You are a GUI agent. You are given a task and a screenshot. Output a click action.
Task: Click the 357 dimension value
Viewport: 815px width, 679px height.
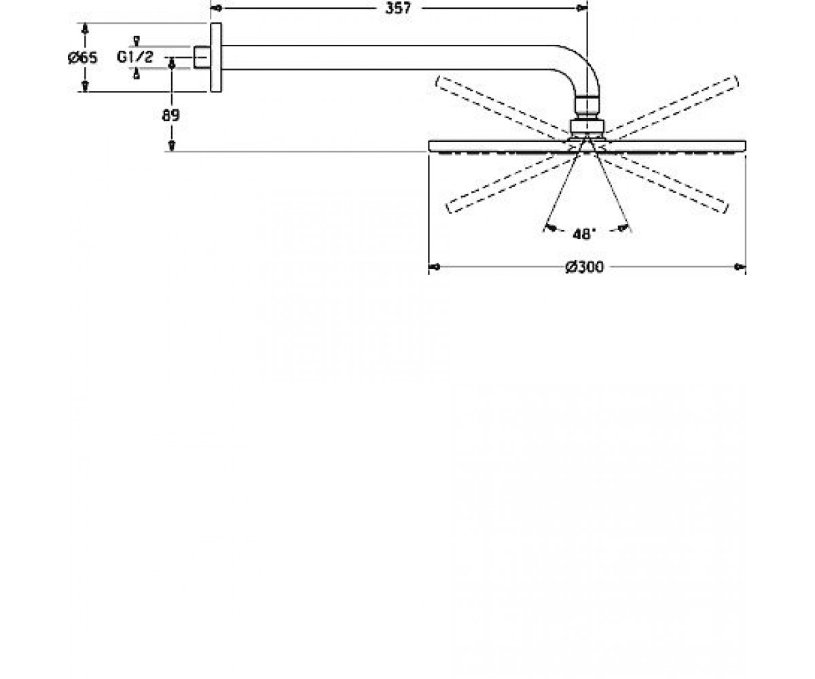[x=398, y=8]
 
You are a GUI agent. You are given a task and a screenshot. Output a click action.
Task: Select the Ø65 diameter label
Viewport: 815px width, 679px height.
[x=82, y=58]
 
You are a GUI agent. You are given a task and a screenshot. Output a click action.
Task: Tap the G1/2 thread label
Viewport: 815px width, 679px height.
[x=135, y=57]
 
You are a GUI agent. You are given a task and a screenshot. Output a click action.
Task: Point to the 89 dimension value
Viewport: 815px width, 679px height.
[x=170, y=115]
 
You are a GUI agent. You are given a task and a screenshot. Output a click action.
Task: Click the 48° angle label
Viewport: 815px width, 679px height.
[x=584, y=234]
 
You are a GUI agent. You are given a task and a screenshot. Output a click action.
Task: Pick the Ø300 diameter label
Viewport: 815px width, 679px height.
[x=584, y=268]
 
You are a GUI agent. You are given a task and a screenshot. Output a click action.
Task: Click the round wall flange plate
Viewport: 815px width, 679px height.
[x=216, y=58]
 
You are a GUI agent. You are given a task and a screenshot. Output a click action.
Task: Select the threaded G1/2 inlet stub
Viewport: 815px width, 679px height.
[x=202, y=58]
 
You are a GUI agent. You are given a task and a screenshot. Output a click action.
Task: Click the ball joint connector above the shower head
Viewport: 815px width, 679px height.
[x=587, y=117]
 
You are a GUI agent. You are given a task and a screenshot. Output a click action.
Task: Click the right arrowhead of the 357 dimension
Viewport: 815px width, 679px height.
[x=581, y=8]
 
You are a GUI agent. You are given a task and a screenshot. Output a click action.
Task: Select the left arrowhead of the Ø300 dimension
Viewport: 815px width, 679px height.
[x=435, y=268]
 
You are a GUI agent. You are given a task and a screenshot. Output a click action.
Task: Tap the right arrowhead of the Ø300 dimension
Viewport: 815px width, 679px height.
[x=740, y=268]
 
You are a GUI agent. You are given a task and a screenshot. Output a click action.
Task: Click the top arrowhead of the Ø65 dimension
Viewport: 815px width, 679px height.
[x=85, y=29]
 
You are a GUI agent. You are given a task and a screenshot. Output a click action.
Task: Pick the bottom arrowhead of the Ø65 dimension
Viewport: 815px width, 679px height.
[x=85, y=86]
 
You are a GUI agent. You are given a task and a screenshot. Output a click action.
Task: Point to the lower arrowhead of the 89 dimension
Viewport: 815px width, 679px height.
[x=171, y=145]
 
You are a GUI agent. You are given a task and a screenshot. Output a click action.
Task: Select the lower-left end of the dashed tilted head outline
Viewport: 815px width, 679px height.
[x=449, y=207]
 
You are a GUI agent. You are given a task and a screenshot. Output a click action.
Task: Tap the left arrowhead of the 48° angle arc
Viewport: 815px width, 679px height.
[x=550, y=227]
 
